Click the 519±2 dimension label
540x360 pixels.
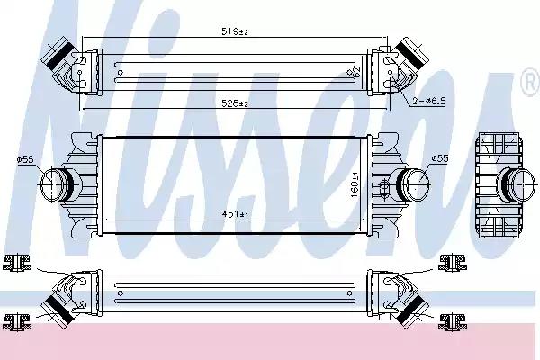click(x=235, y=31)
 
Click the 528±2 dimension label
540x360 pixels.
click(x=235, y=103)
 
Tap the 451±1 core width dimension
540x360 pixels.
click(x=235, y=214)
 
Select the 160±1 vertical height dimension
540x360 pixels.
click(x=355, y=184)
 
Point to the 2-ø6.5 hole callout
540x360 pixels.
click(x=429, y=101)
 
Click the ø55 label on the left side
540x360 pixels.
click(x=25, y=159)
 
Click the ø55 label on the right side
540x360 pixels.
click(x=440, y=158)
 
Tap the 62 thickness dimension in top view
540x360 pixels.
click(x=352, y=72)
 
